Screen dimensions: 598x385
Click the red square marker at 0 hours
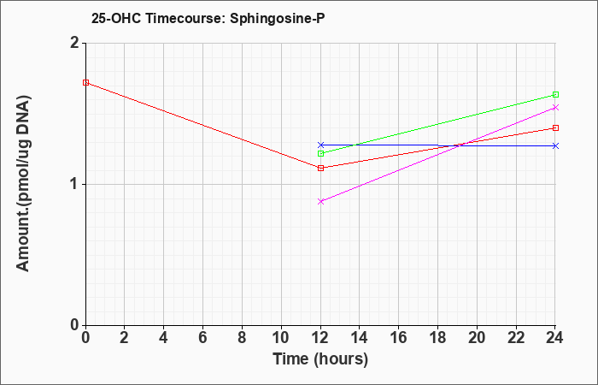[85, 82]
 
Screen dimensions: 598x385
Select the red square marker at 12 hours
[320, 168]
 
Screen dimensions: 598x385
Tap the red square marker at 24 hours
[555, 128]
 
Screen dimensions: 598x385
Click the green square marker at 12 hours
[320, 153]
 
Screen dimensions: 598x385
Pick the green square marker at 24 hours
[555, 95]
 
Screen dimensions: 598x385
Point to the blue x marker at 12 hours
[320, 145]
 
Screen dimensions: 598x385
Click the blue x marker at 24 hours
[555, 146]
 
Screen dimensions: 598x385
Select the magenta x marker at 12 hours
[320, 201]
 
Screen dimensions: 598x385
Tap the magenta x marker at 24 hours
[555, 107]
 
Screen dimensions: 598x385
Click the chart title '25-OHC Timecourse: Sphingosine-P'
[208, 19]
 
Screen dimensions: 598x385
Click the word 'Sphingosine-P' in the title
[278, 19]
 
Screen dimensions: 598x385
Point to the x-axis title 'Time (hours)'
[320, 359]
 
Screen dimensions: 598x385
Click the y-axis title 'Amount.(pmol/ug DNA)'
[23, 184]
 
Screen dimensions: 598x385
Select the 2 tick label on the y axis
[75, 43]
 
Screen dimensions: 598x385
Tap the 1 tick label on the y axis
[75, 185]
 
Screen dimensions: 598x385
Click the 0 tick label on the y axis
[75, 325]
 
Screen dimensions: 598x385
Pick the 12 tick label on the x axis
[320, 338]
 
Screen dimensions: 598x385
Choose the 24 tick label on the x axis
[555, 338]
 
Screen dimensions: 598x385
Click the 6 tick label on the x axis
[203, 338]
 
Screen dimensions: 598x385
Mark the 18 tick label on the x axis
[437, 338]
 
